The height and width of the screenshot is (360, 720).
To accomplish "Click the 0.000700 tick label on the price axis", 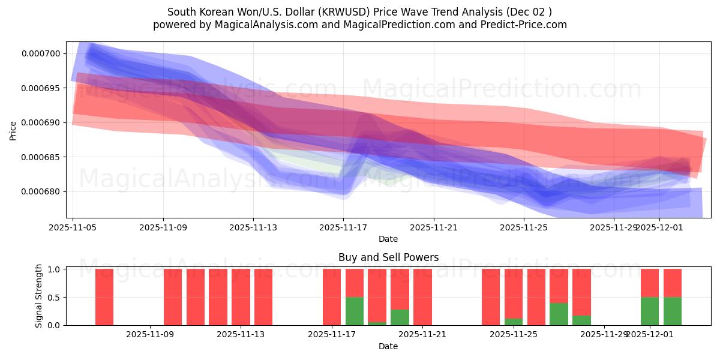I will click(x=41, y=53).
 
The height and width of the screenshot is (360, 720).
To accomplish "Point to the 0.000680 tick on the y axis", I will click(x=41, y=191).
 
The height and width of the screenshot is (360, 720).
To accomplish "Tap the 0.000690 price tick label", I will click(x=41, y=122).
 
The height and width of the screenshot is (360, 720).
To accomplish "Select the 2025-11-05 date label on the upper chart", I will click(x=73, y=227).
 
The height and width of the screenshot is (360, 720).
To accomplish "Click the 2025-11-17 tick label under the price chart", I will click(x=343, y=227).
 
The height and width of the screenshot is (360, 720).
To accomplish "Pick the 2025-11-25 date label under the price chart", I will click(x=524, y=227).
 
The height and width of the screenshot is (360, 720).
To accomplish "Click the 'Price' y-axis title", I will click(x=13, y=130).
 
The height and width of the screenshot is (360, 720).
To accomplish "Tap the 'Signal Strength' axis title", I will click(x=39, y=296).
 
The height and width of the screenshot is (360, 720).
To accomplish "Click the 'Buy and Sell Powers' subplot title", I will click(x=388, y=257).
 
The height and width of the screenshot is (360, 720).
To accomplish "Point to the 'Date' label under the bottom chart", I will click(x=388, y=346).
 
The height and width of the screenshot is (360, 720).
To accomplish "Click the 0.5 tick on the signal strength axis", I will click(x=54, y=297).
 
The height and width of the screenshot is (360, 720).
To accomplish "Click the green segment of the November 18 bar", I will click(x=355, y=311).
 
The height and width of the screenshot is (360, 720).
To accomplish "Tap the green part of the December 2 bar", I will click(x=673, y=311).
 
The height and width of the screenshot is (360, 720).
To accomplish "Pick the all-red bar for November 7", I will click(x=104, y=297).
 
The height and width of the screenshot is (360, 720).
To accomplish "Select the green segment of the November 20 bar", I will click(x=400, y=317).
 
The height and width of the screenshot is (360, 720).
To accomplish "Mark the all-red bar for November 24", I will click(x=491, y=297).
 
